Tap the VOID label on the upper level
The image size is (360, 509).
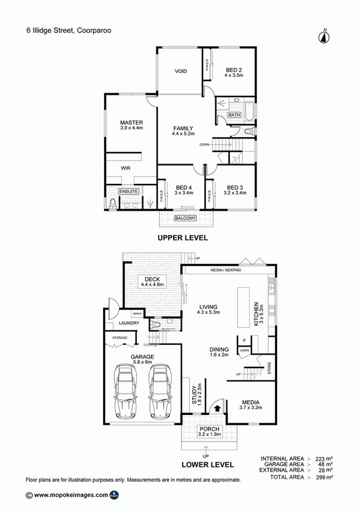(181, 71)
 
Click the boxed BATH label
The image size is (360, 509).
(234, 115)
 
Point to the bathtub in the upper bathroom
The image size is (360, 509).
(249, 112)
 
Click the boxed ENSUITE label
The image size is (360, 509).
(128, 192)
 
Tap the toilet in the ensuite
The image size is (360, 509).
(113, 204)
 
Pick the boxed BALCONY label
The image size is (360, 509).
(185, 218)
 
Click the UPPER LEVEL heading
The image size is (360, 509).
(183, 238)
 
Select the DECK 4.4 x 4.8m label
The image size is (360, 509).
(152, 281)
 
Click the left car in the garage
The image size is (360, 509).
(125, 391)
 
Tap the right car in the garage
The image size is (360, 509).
(160, 391)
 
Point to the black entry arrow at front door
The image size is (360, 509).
(218, 409)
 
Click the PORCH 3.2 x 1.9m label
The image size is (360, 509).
(209, 431)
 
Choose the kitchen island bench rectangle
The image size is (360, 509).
(244, 307)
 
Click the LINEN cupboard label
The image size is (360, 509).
(244, 350)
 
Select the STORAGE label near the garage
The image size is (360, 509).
(120, 337)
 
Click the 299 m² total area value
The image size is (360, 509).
(324, 477)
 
